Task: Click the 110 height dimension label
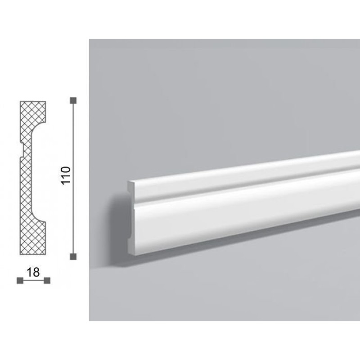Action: pos(66,175)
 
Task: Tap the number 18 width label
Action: pos(33,272)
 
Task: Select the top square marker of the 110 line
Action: pos(73,100)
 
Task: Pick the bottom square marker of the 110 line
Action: pos(73,256)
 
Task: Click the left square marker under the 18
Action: pos(20,280)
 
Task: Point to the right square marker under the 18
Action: pos(47,280)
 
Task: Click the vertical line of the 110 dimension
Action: pos(73,178)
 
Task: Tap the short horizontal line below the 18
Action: pos(33,280)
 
